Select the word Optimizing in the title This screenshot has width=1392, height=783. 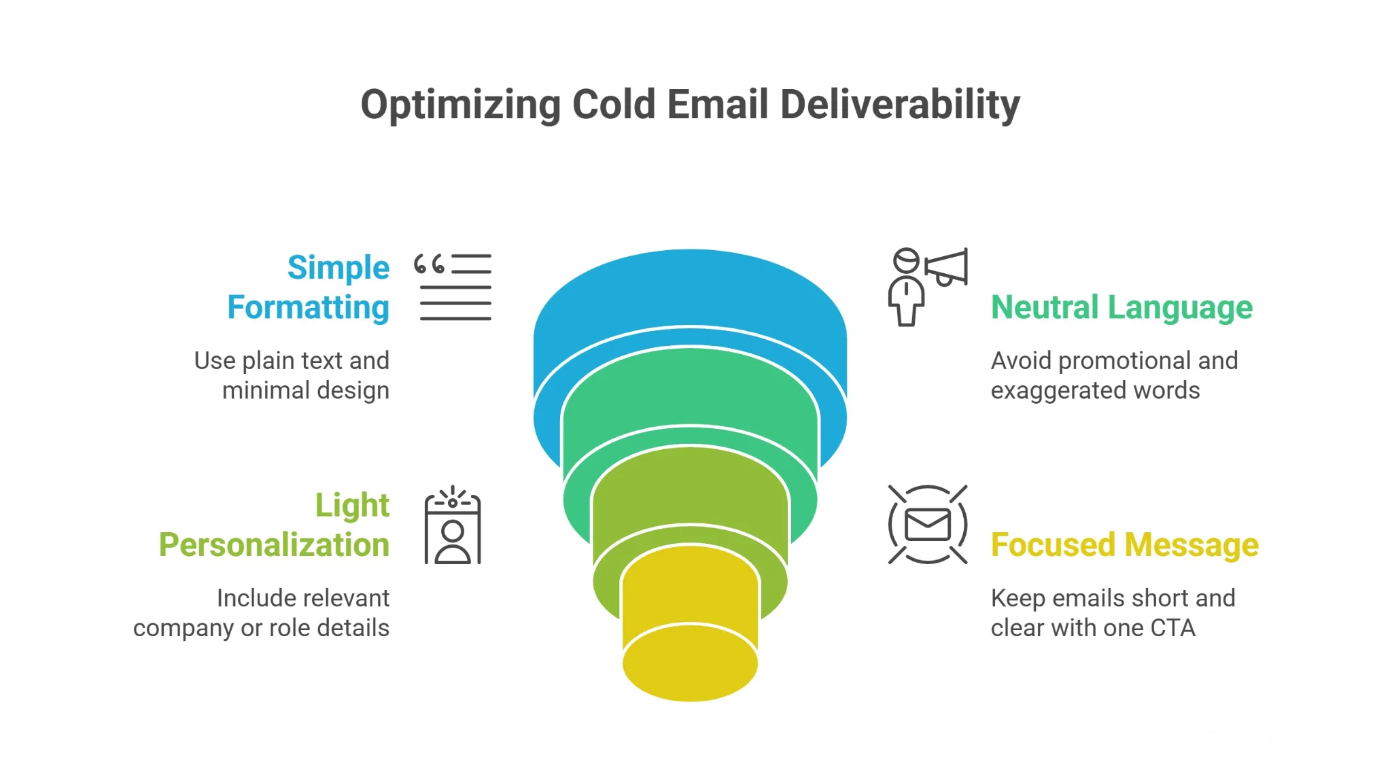click(460, 106)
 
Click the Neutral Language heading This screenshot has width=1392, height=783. click(1121, 307)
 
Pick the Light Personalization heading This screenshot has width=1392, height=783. click(275, 525)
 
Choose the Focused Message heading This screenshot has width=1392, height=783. click(1124, 545)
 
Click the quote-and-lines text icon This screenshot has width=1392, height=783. click(453, 287)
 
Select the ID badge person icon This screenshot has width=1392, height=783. click(453, 526)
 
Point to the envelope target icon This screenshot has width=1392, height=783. click(927, 525)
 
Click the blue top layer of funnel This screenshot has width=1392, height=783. click(689, 292)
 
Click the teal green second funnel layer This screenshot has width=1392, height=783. click(689, 387)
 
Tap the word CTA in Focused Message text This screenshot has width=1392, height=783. click(1172, 628)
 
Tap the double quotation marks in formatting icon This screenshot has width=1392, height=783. click(430, 264)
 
